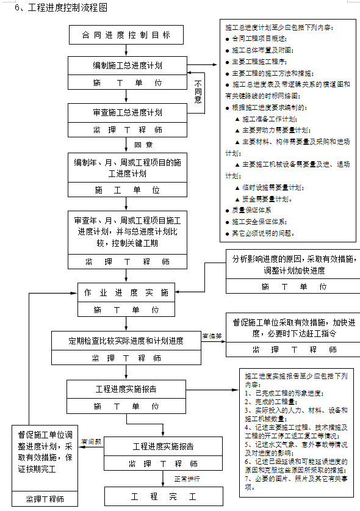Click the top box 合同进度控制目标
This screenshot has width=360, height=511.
pyautogui.click(x=126, y=35)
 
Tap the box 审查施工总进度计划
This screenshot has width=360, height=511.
pyautogui.click(x=126, y=112)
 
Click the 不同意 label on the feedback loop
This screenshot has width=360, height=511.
pyautogui.click(x=198, y=90)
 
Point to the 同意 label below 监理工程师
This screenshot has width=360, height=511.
pyautogui.click(x=143, y=145)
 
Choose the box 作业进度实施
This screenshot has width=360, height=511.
pyautogui.click(x=126, y=293)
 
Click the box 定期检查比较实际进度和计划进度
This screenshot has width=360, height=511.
pyautogui.click(x=126, y=341)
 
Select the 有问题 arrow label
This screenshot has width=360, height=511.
pyautogui.click(x=92, y=441)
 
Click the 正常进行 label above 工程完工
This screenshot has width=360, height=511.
pyautogui.click(x=188, y=479)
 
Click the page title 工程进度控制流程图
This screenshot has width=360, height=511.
pyautogui.click(x=61, y=8)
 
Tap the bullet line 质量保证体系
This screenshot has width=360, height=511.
pyautogui.click(x=250, y=210)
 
